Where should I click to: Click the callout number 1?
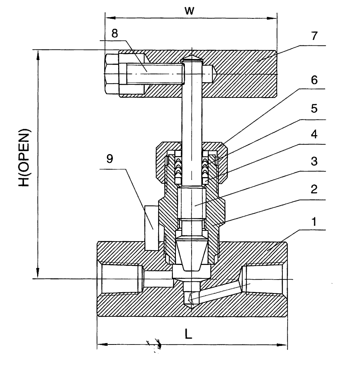[x=314, y=222]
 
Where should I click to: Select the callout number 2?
[x=314, y=189]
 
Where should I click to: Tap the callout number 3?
[x=314, y=161]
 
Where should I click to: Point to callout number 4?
[x=314, y=134]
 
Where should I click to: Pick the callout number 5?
[x=314, y=108]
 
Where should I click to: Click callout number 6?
[x=314, y=80]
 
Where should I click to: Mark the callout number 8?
[x=115, y=33]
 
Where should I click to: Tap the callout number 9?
[x=109, y=159]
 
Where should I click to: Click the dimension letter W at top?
[x=189, y=11]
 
